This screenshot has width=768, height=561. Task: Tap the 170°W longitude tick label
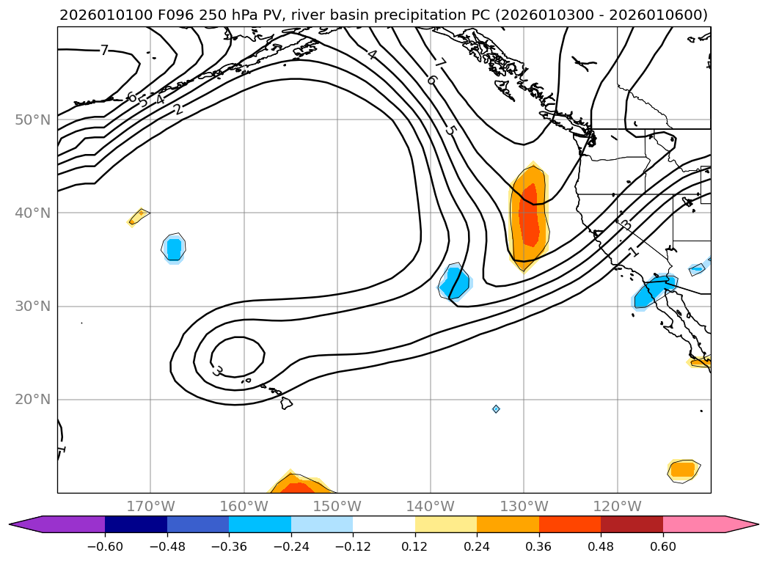(150, 506)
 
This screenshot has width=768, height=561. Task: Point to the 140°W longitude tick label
(431, 506)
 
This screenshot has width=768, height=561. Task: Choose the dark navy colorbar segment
(136, 524)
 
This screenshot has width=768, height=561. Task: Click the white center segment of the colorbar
(384, 524)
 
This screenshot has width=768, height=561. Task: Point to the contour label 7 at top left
(104, 50)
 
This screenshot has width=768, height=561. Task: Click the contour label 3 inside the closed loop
(217, 371)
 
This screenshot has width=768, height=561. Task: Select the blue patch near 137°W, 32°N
(456, 283)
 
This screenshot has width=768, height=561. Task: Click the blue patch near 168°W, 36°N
(173, 249)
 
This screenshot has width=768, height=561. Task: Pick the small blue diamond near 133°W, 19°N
(496, 408)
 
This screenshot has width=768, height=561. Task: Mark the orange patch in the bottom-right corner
(683, 469)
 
